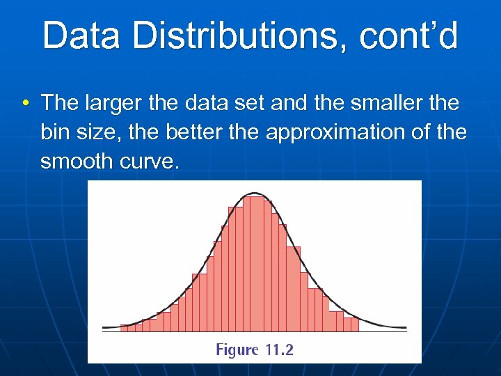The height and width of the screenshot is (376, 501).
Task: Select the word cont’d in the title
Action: coord(408,36)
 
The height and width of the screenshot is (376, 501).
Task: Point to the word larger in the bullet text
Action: coord(111,104)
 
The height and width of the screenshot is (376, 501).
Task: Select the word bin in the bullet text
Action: coord(55,132)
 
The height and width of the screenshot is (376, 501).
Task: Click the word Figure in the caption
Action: coord(238,350)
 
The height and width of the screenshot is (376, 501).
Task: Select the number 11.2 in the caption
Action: coord(280,350)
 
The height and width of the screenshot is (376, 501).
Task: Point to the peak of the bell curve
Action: coord(255,194)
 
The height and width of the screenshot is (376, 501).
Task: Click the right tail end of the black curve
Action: coord(404,327)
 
